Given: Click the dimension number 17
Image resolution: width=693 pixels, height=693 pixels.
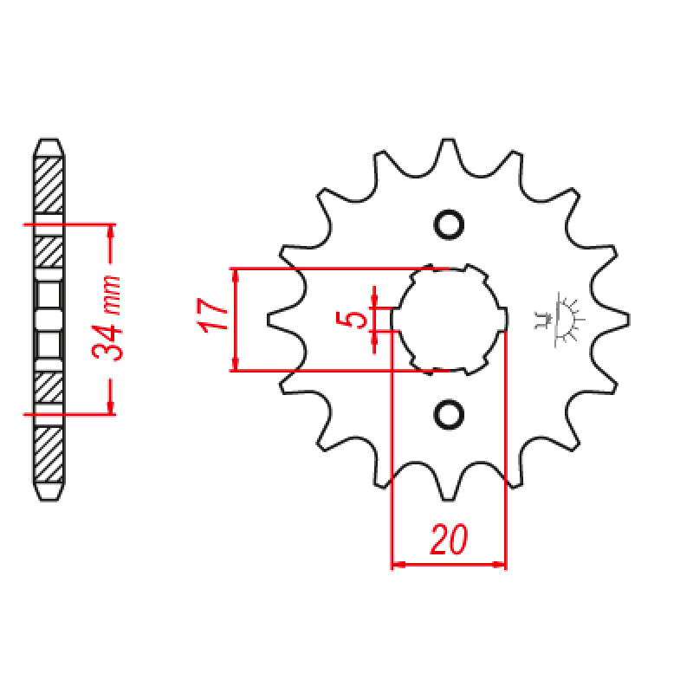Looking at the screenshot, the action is pyautogui.click(x=212, y=315).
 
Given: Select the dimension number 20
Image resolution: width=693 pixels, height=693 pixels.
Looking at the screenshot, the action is pyautogui.click(x=449, y=539).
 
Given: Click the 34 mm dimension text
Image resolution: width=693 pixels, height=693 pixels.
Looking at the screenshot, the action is pyautogui.click(x=107, y=318).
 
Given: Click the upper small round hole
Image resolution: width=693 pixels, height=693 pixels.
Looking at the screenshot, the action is pyautogui.click(x=449, y=225).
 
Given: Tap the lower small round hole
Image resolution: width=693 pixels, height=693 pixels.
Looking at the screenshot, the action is pyautogui.click(x=449, y=415).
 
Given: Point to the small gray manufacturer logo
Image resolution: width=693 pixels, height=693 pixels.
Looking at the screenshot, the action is pyautogui.click(x=560, y=319).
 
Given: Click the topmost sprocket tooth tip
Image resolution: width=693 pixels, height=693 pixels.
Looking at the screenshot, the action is pyautogui.click(x=448, y=140).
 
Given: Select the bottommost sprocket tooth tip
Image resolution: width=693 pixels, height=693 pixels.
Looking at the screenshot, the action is pyautogui.click(x=448, y=499).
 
